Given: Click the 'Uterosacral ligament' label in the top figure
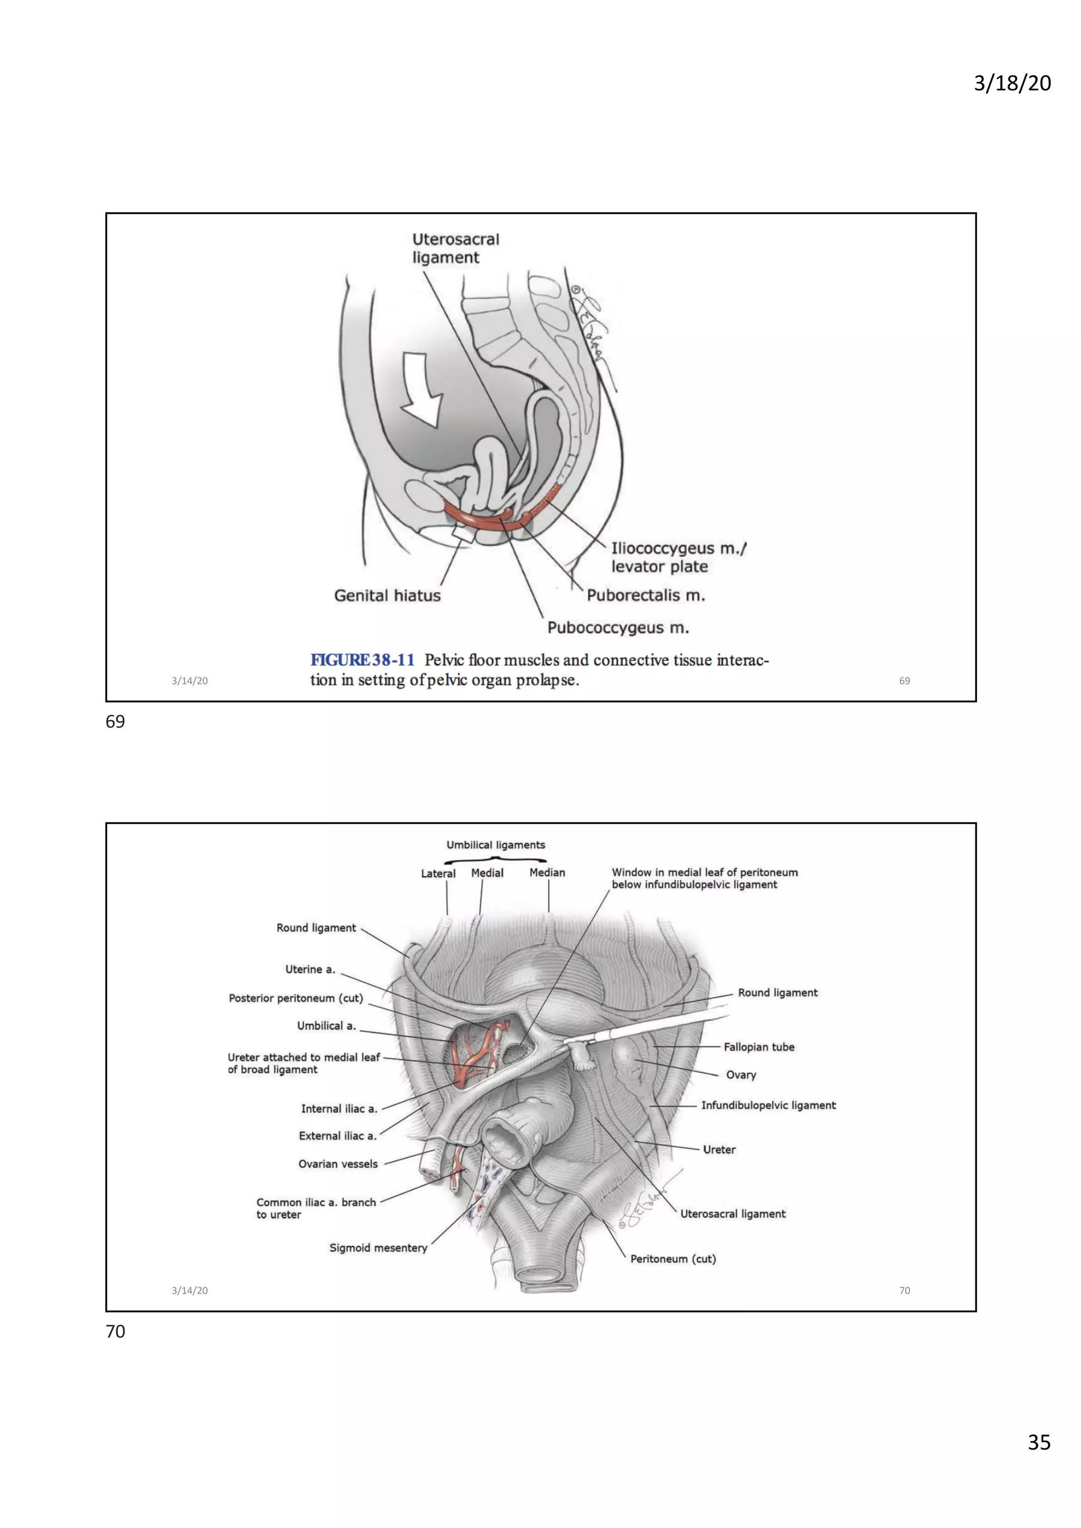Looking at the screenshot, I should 456,248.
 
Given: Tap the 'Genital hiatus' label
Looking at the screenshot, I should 387,596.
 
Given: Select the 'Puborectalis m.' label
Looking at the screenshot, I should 646,596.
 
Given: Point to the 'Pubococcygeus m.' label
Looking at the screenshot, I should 618,627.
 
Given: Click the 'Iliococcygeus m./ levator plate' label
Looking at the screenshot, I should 678,558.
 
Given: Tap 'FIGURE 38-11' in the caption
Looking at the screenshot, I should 362,660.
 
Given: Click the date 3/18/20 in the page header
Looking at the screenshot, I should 1012,83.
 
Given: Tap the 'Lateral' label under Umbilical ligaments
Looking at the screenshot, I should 438,873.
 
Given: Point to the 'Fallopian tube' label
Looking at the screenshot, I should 759,1047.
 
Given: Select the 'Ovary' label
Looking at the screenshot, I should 741,1075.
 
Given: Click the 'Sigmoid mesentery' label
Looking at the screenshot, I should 378,1248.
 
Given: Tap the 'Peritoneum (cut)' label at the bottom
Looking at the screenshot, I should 673,1258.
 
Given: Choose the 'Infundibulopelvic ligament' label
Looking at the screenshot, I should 768,1105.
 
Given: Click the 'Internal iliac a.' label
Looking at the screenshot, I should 339,1109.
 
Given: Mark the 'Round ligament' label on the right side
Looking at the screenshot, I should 777,992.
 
